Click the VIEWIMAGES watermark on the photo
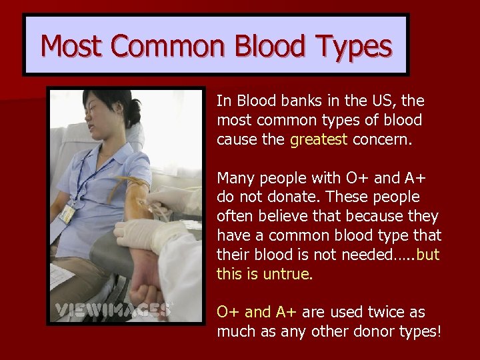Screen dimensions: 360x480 [x=113, y=309]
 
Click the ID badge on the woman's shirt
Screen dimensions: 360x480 [x=68, y=213]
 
